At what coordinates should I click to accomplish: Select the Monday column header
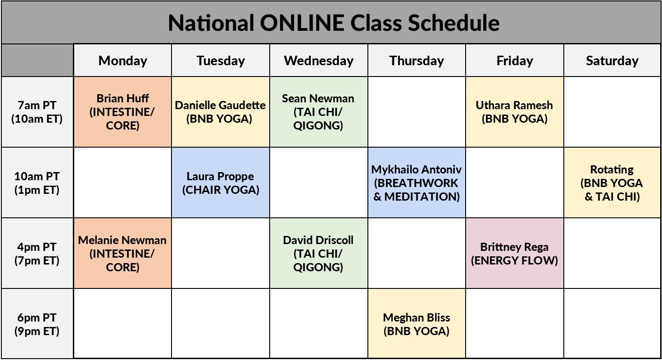click(123, 61)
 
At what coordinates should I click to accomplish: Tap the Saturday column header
click(612, 61)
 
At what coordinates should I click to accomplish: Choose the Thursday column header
click(416, 61)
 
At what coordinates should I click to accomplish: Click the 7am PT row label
click(37, 112)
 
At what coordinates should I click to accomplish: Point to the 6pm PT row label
click(37, 324)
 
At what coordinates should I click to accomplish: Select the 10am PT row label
click(37, 183)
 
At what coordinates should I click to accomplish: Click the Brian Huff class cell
click(123, 112)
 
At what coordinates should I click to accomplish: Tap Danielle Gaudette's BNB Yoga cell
click(220, 112)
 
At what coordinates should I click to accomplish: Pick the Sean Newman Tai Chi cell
click(318, 112)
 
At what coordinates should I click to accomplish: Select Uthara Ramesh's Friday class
click(514, 112)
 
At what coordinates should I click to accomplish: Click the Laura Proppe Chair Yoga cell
click(220, 183)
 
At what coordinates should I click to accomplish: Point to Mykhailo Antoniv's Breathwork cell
click(416, 183)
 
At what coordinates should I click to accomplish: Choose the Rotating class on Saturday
click(612, 183)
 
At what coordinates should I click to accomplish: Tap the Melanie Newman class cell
click(123, 254)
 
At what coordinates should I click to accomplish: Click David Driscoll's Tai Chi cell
click(318, 254)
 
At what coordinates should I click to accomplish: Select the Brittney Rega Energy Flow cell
click(514, 254)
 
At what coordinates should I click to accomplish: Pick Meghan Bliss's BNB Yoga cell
click(416, 324)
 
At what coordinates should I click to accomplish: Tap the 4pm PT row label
click(37, 254)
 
